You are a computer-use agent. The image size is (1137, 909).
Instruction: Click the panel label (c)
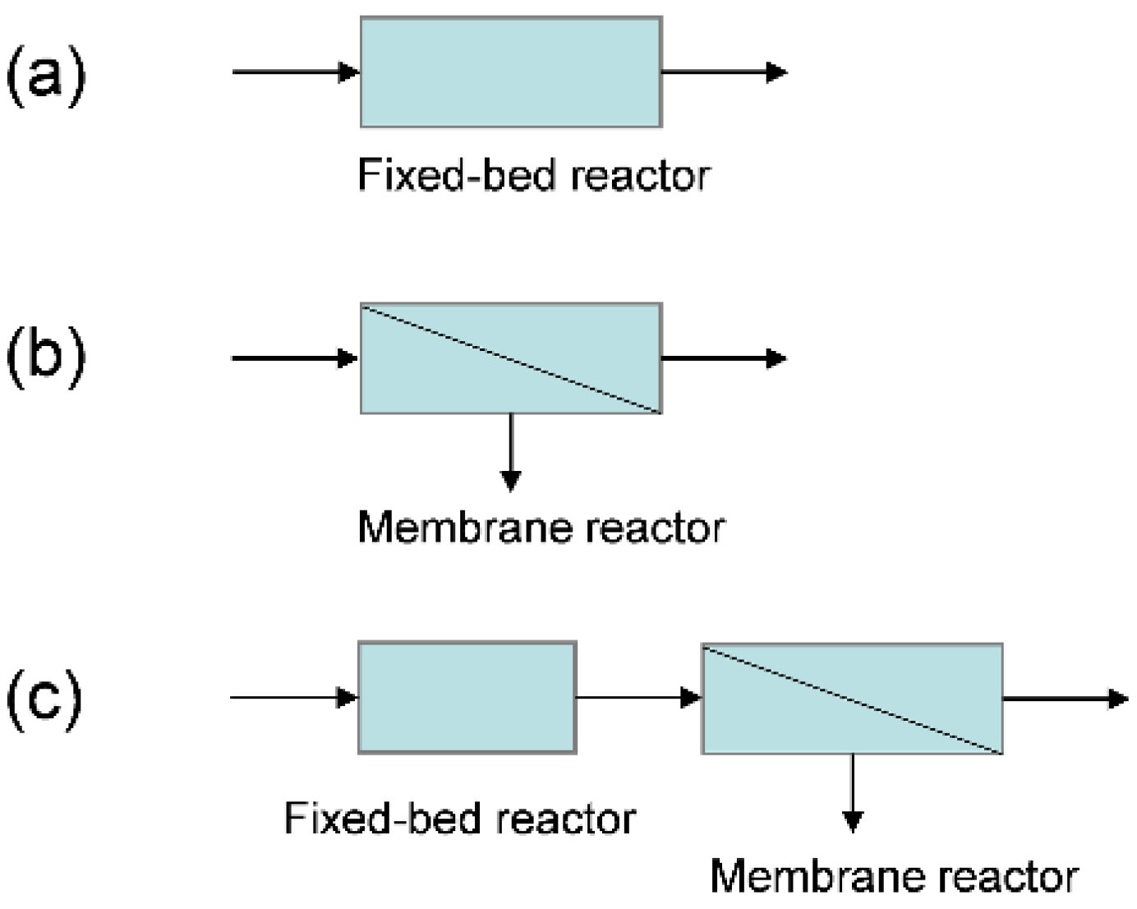pos(44,699)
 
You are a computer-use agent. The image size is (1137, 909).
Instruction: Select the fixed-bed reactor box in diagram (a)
pos(511,72)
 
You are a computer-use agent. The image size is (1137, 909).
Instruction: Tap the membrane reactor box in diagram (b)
pos(511,358)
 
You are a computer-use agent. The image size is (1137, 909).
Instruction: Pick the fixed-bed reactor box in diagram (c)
pos(467,698)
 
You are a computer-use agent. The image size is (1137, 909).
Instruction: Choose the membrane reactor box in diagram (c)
pos(852,699)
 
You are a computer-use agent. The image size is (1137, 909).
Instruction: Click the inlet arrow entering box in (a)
pos(296,72)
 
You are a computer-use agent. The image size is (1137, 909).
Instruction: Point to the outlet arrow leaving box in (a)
pos(724,72)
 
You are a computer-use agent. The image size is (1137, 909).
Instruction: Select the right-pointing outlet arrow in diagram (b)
pos(724,358)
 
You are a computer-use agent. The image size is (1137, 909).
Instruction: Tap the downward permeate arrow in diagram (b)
pos(511,452)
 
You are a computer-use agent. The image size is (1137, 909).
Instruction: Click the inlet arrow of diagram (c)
pos(294,698)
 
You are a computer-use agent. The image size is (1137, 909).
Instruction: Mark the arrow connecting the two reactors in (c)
pos(638,698)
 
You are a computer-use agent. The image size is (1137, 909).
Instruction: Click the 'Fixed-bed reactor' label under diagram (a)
pos(533,175)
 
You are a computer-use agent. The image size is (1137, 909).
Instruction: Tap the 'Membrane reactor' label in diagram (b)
pos(541,528)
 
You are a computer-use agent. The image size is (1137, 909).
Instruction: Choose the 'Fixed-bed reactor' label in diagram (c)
pos(460,819)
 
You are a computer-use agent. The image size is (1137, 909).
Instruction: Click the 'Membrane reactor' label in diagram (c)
pos(894,876)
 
